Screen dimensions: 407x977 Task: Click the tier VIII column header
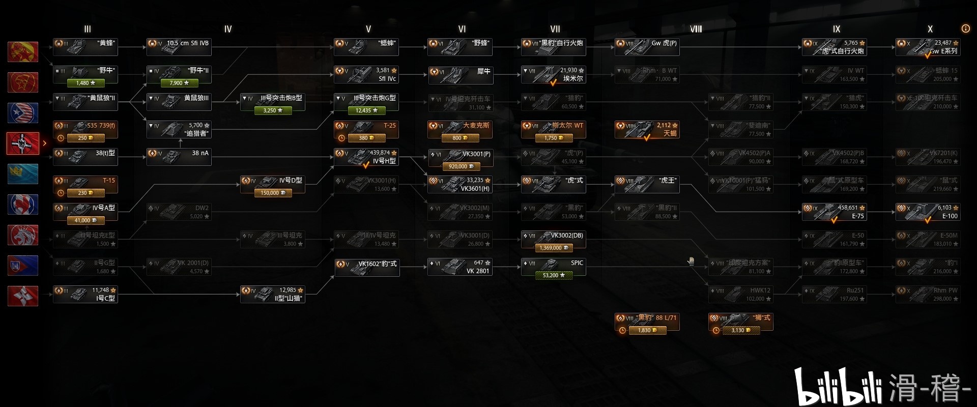tap(696, 29)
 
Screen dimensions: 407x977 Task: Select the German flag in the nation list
tap(23, 143)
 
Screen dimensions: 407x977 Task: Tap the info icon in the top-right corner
tap(965, 28)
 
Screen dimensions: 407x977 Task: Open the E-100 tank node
tap(928, 212)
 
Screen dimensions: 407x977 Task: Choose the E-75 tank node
tap(834, 212)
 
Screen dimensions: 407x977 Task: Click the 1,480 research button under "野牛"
tap(85, 82)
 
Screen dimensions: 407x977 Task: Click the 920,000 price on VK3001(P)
tap(460, 166)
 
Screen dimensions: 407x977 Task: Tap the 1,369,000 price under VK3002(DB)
tap(554, 248)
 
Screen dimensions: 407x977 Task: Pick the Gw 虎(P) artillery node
tap(647, 47)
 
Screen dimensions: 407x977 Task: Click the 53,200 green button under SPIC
tap(554, 275)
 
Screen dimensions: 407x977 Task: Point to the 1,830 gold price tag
tap(647, 330)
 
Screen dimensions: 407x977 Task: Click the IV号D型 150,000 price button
tap(273, 193)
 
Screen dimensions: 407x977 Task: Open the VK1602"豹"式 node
tap(366, 267)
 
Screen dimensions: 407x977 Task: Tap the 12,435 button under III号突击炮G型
tap(366, 110)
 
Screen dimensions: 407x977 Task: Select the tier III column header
tap(88, 29)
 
